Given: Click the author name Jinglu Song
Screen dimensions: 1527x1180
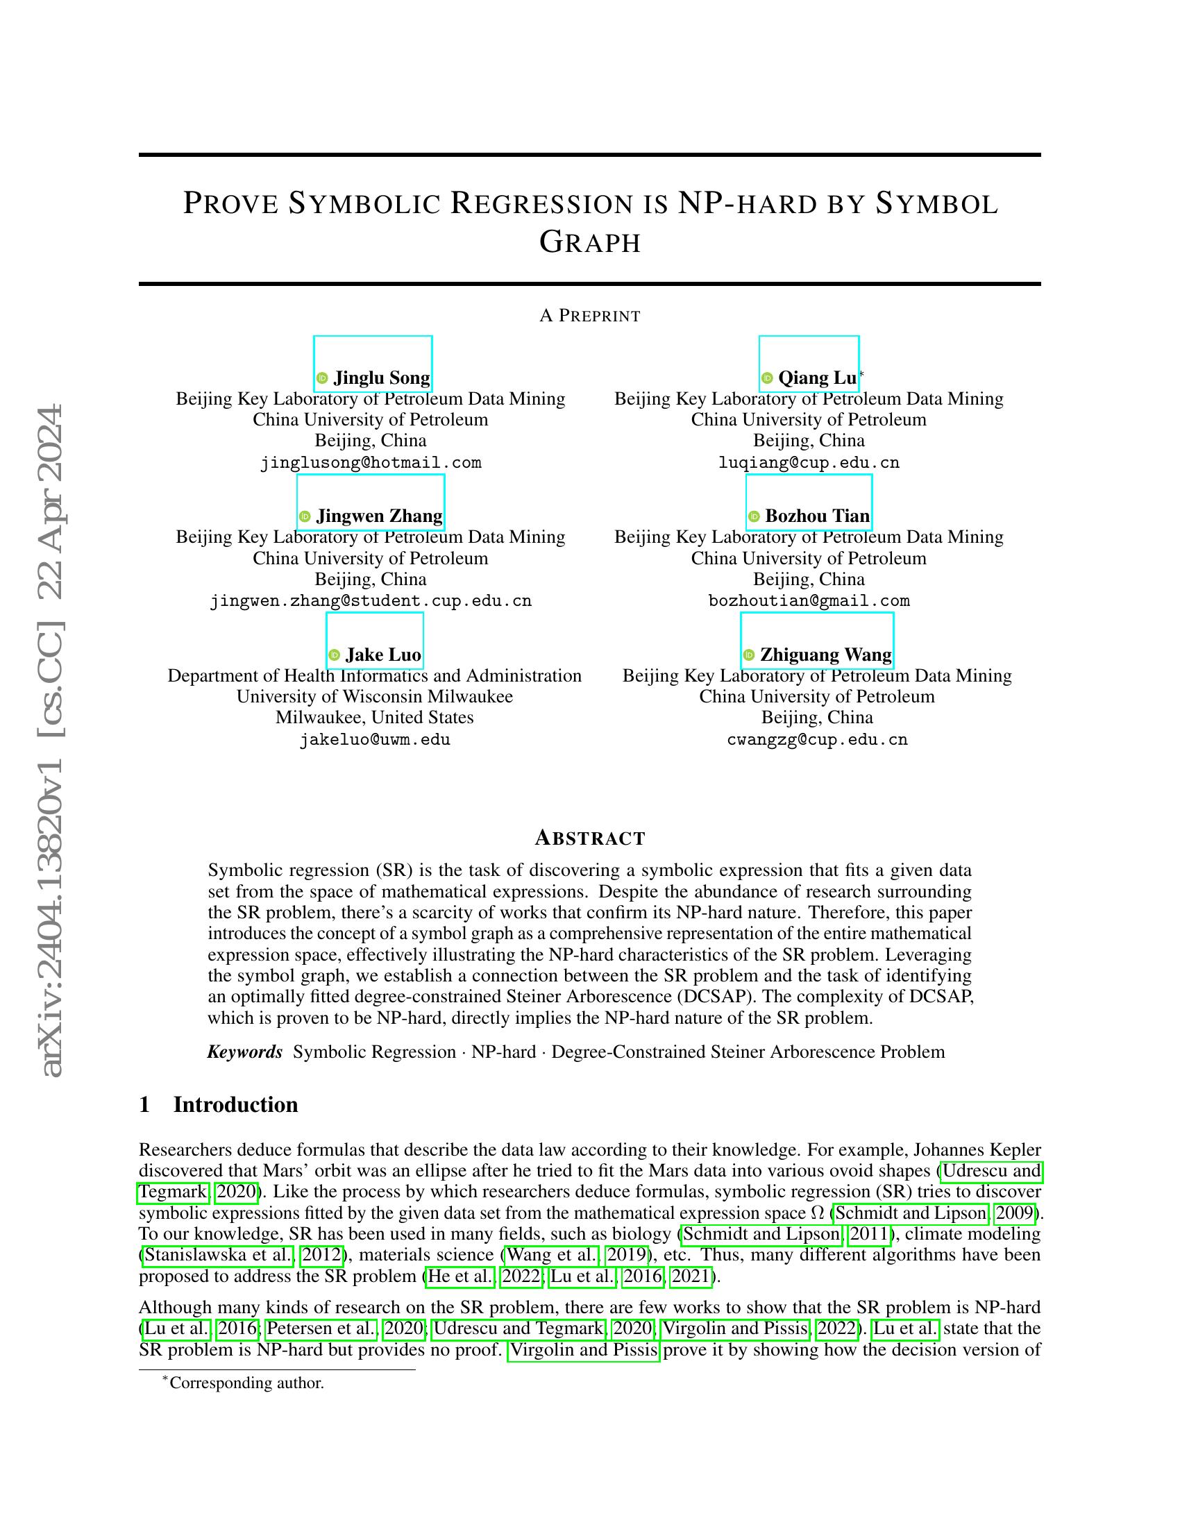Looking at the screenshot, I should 381,378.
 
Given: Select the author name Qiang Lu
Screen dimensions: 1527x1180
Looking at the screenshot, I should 816,378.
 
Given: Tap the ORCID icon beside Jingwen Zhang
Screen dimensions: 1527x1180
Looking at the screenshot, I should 305,516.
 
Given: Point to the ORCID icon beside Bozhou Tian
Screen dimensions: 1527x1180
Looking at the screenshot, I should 755,516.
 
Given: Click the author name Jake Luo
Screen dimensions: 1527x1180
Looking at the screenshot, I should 383,655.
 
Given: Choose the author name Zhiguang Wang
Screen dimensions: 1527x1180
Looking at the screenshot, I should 825,655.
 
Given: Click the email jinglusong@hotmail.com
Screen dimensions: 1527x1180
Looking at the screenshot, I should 371,463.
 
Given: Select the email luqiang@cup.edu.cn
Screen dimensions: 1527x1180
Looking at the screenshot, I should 809,463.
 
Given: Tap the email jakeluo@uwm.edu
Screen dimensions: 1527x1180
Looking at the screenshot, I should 375,740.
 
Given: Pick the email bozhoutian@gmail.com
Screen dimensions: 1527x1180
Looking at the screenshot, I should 809,601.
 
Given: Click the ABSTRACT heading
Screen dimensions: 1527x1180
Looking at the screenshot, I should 590,838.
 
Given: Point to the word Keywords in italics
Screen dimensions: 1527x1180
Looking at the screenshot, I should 244,1052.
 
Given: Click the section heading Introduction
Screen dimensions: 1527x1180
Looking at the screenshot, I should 235,1105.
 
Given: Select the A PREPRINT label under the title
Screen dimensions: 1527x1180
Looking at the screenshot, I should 590,316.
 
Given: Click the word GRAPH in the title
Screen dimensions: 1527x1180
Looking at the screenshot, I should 590,243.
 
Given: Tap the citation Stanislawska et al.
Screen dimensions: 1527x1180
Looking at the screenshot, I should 218,1255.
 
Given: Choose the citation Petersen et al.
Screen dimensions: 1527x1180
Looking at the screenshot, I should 321,1328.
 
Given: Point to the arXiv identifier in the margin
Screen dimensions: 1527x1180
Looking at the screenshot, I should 53,741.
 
